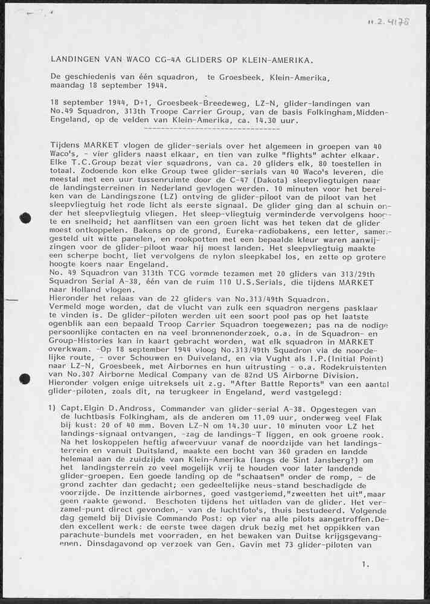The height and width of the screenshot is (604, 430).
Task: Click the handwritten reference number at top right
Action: (388, 22)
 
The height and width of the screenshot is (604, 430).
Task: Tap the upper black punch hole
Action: (25, 218)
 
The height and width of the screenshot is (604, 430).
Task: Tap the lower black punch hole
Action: (25, 379)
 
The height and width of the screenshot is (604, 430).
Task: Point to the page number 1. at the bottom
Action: (365, 564)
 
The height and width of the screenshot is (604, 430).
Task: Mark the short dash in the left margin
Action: (11, 300)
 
